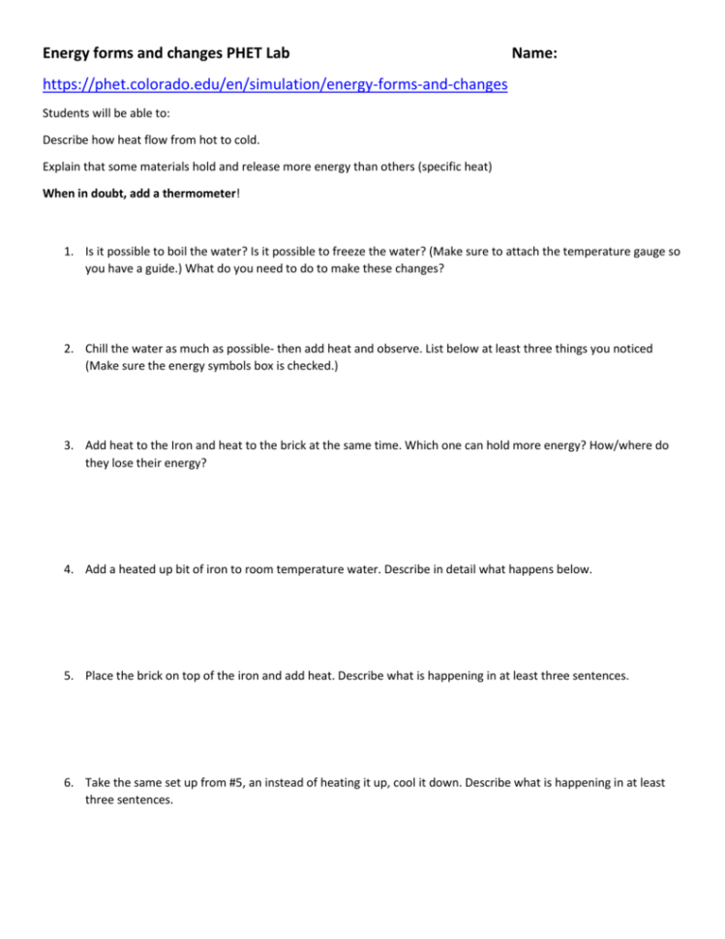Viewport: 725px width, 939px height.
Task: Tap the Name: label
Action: pyautogui.click(x=533, y=52)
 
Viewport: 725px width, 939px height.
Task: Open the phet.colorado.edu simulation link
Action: pyautogui.click(x=276, y=85)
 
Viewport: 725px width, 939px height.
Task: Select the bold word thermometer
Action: pyautogui.click(x=192, y=193)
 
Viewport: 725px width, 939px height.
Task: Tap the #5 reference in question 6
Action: pyautogui.click(x=236, y=782)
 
